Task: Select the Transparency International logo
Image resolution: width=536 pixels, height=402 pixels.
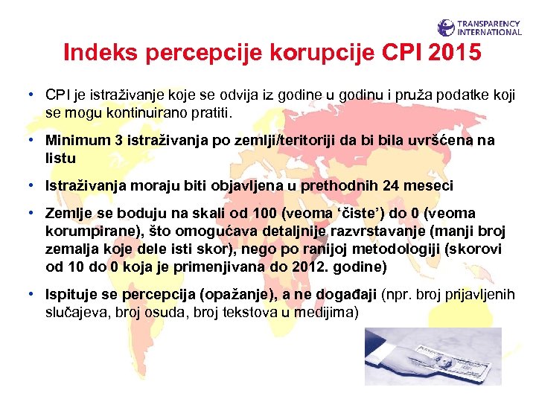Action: [479, 28]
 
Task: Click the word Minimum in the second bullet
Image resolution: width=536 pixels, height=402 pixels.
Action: [76, 141]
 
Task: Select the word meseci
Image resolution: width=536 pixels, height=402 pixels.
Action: [427, 185]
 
